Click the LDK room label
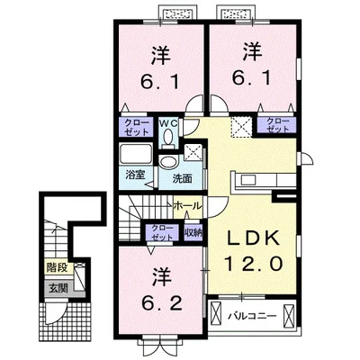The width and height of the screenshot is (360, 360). pyautogui.click(x=252, y=239)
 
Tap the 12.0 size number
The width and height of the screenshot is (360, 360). pyautogui.click(x=254, y=265)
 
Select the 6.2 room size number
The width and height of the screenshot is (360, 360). pyautogui.click(x=162, y=304)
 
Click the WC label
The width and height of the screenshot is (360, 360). pyautogui.click(x=168, y=123)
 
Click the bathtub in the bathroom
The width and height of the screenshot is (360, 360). pyautogui.click(x=136, y=154)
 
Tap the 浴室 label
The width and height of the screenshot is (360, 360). pyautogui.click(x=135, y=175)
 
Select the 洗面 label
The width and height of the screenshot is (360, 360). pyautogui.click(x=182, y=178)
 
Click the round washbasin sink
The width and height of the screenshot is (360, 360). pyautogui.click(x=168, y=162)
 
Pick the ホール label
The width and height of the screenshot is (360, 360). pyautogui.click(x=187, y=206)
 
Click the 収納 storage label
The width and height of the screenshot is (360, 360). pyautogui.click(x=193, y=232)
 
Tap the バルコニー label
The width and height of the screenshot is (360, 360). pyautogui.click(x=252, y=316)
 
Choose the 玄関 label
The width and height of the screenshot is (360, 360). pyautogui.click(x=58, y=288)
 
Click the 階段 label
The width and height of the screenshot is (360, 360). pyautogui.click(x=57, y=267)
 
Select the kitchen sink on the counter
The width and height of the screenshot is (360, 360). pyautogui.click(x=248, y=180)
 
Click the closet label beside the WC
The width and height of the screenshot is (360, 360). pyautogui.click(x=137, y=127)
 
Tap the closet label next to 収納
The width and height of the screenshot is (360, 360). pyautogui.click(x=162, y=232)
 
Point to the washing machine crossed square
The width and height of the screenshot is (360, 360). pyautogui.click(x=193, y=152)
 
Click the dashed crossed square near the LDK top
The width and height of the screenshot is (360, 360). pyautogui.click(x=241, y=127)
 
